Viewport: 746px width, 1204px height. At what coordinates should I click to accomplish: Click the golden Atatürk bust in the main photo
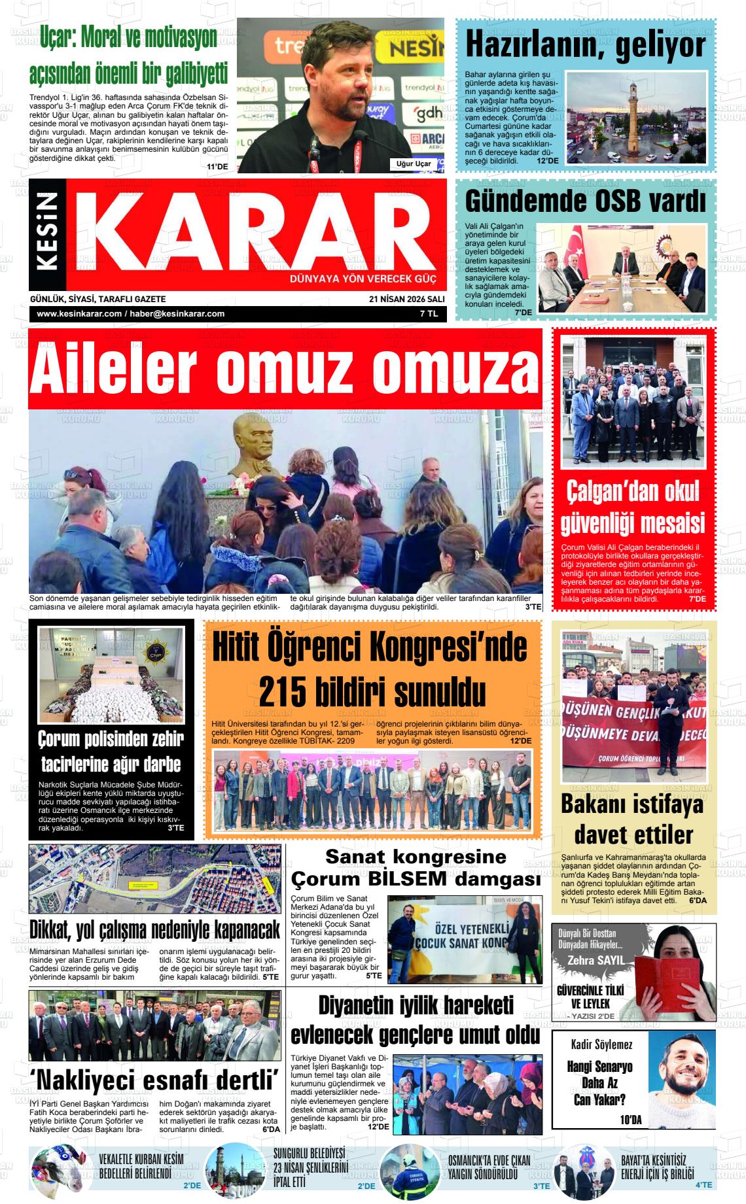[x=255, y=445]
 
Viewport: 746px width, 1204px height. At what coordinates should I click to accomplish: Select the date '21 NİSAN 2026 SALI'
[x=406, y=299]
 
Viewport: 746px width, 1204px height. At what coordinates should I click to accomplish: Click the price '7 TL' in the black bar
[x=429, y=314]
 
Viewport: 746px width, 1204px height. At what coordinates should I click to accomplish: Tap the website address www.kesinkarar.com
[x=79, y=314]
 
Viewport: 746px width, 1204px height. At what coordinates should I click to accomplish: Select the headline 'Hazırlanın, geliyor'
[x=586, y=44]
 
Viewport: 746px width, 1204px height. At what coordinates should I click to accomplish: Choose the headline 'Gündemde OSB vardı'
[x=585, y=202]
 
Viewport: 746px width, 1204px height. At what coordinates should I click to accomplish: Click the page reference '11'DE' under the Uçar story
[x=217, y=167]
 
